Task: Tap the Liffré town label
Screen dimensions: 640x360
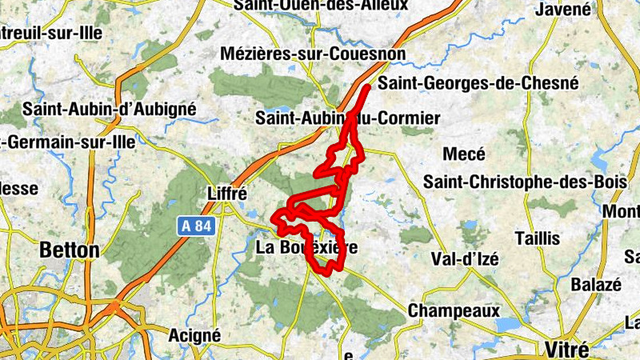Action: [x=227, y=194]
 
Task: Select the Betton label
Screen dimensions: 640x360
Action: [x=70, y=250]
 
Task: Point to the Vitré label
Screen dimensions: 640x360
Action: [x=566, y=350]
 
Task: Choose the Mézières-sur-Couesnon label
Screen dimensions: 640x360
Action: [x=314, y=54]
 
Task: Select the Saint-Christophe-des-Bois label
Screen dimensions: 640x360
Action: [x=525, y=182]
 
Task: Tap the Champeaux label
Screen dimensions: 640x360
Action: [x=454, y=310]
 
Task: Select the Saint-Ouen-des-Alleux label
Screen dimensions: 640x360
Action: [x=320, y=6]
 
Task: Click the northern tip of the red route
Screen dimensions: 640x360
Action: [x=367, y=86]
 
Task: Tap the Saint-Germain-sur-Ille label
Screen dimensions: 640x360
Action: [x=67, y=142]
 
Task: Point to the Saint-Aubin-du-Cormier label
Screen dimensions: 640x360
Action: [x=347, y=118]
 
